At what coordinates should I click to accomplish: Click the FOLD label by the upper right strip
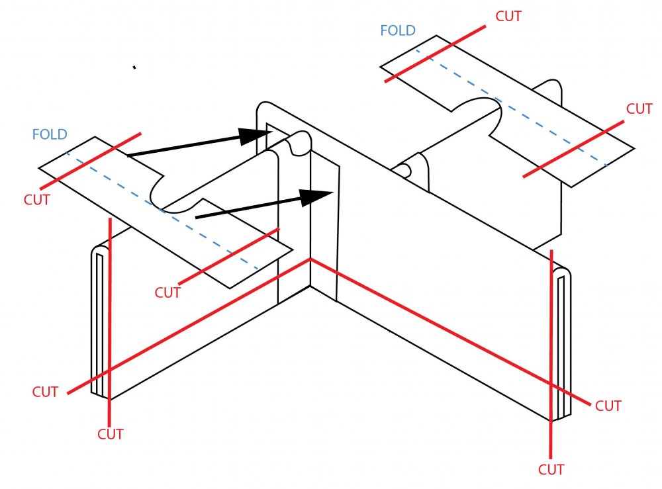click(398, 30)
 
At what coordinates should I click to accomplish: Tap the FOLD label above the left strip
click(50, 135)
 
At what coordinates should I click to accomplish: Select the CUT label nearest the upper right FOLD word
click(508, 17)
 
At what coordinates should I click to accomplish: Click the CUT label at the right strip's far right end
click(639, 109)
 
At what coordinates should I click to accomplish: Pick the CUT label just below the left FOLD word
click(36, 199)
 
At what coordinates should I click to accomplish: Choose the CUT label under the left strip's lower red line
click(167, 292)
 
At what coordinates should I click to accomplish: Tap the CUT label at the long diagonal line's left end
click(45, 392)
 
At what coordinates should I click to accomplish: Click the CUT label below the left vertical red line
click(111, 434)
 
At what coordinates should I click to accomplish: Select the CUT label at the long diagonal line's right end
click(608, 406)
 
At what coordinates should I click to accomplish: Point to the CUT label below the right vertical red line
click(551, 469)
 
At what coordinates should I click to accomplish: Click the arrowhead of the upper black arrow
click(255, 136)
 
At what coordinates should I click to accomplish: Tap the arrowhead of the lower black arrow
click(316, 197)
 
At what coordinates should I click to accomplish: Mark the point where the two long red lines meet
click(310, 259)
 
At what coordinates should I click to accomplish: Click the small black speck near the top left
click(134, 67)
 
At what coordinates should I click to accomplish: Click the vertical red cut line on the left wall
click(109, 318)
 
